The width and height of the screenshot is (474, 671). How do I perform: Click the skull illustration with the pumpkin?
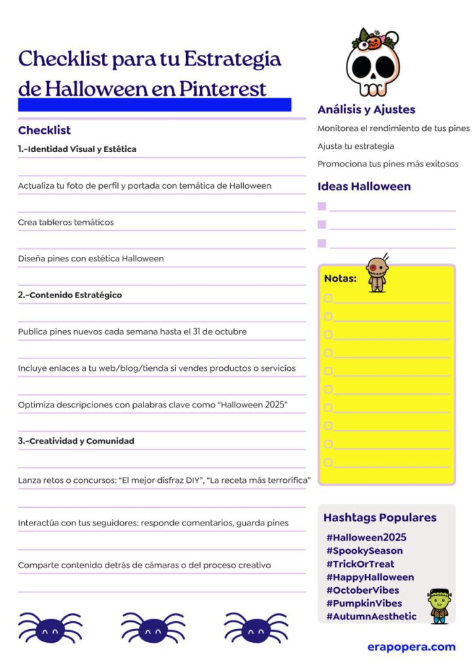tap(372, 62)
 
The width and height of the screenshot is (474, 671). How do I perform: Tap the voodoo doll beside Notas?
tap(377, 273)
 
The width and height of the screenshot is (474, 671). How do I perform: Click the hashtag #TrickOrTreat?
tap(360, 564)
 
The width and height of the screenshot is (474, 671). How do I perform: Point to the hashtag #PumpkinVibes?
tap(364, 603)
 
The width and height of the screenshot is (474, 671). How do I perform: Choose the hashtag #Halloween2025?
tap(366, 537)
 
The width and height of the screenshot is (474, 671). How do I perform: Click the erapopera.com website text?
tap(411, 647)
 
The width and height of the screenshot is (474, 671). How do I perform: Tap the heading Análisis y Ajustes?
tap(366, 109)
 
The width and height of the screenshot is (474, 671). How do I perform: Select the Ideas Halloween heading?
tap(364, 186)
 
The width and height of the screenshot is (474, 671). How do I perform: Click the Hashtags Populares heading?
tap(380, 517)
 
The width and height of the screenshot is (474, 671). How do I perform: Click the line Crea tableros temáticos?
tap(66, 222)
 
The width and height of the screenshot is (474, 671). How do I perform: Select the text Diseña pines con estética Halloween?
tap(90, 258)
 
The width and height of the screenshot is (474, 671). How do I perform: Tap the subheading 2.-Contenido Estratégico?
tap(69, 295)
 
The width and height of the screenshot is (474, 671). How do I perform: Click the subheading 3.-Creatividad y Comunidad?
tap(75, 441)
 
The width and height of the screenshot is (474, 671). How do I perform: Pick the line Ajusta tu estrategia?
tap(355, 146)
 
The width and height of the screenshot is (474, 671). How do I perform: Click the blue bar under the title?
tap(154, 105)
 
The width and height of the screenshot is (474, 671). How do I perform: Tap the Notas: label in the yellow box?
tap(340, 278)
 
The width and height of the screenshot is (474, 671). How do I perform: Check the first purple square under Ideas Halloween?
tap(322, 206)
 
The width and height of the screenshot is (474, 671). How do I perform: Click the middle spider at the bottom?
tap(153, 628)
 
